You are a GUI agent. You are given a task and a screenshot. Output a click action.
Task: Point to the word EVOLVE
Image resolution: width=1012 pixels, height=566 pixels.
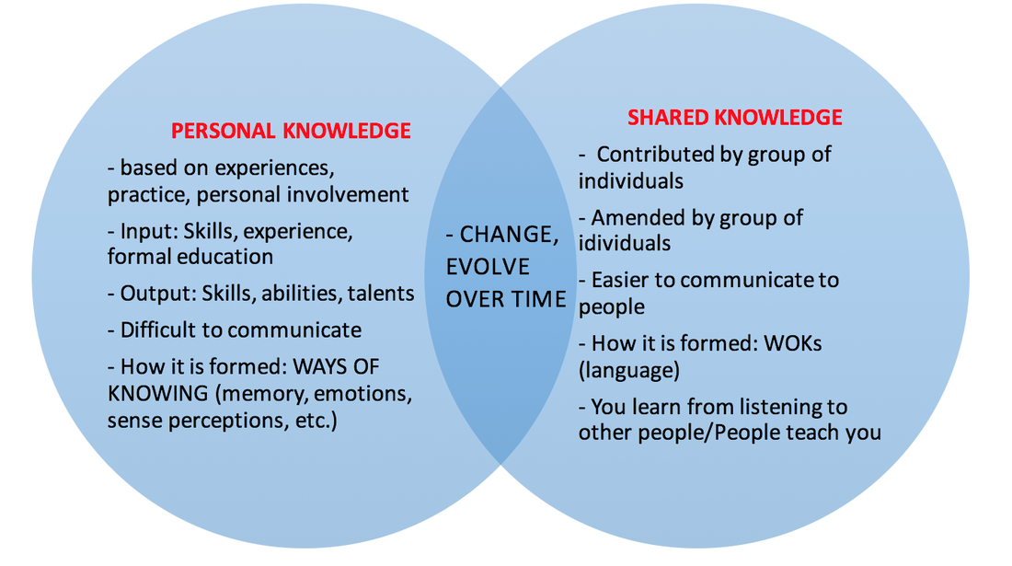pyautogui.click(x=489, y=267)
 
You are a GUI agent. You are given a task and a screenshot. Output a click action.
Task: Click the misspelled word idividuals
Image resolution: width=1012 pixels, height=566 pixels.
pyautogui.click(x=625, y=243)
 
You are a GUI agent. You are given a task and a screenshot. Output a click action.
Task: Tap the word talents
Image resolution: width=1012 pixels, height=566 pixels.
pyautogui.click(x=381, y=294)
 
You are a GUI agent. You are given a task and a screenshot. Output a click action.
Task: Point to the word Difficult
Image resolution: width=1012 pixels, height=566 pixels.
pyautogui.click(x=170, y=329)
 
